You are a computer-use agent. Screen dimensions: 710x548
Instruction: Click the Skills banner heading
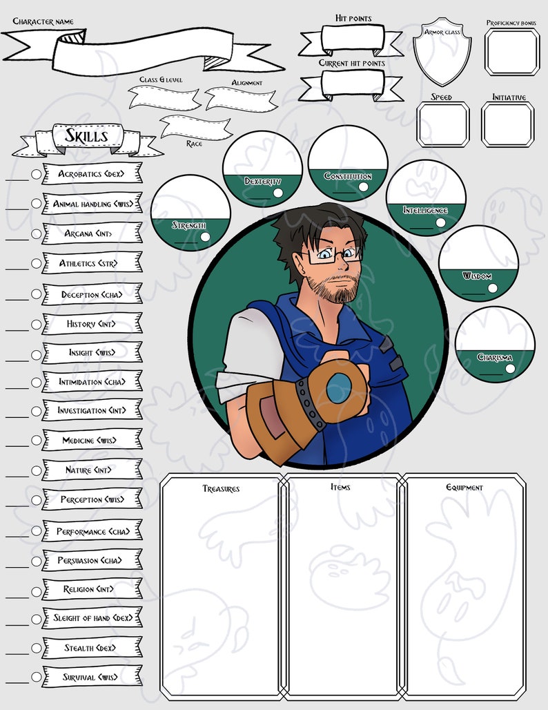87,136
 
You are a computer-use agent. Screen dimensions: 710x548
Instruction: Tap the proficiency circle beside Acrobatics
37,175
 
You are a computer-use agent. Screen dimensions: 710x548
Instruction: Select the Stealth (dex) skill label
90,648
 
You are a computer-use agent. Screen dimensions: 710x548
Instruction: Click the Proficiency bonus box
511,51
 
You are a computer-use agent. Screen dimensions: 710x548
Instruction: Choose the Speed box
442,125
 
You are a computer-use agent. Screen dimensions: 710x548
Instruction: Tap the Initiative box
507,125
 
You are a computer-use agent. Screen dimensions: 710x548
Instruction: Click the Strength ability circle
190,212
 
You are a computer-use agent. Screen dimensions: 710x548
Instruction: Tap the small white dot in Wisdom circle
491,289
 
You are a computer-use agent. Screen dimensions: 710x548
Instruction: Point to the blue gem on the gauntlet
339,388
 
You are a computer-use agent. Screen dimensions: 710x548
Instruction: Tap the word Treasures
221,489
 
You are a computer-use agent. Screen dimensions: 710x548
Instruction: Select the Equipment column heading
464,488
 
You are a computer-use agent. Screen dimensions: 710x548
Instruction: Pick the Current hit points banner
351,85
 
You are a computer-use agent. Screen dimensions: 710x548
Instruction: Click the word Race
193,144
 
